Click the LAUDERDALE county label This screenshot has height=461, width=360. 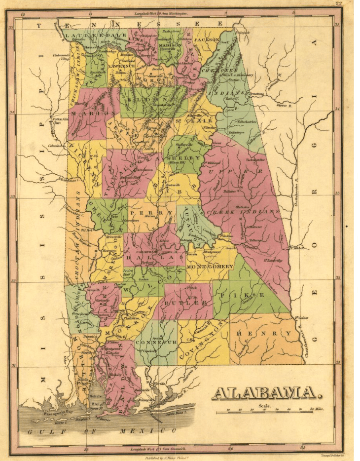(95, 36)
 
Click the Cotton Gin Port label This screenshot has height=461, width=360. (58, 121)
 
